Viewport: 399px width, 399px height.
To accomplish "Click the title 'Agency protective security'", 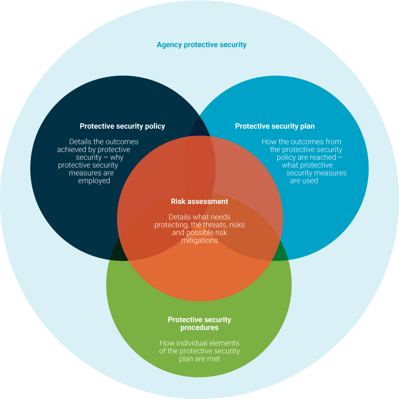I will pos(201,45).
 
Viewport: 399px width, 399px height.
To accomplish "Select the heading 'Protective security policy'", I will pos(122,126).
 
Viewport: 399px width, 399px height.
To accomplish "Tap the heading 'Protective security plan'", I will pos(275,126).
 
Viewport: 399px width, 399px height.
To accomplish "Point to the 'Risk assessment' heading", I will pos(199,202).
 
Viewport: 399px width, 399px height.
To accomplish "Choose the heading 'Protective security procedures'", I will pos(199,324).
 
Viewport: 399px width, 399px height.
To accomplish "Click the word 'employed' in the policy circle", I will pos(94,181).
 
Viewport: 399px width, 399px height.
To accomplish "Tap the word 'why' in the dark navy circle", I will pos(117,158).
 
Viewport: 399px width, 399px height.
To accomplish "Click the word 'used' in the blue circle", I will pos(310,181).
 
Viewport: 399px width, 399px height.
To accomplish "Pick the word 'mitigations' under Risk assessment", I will pos(199,240).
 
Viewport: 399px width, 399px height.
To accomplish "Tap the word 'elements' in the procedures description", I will pos(225,343).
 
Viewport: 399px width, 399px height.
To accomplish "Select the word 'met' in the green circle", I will pos(214,359).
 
